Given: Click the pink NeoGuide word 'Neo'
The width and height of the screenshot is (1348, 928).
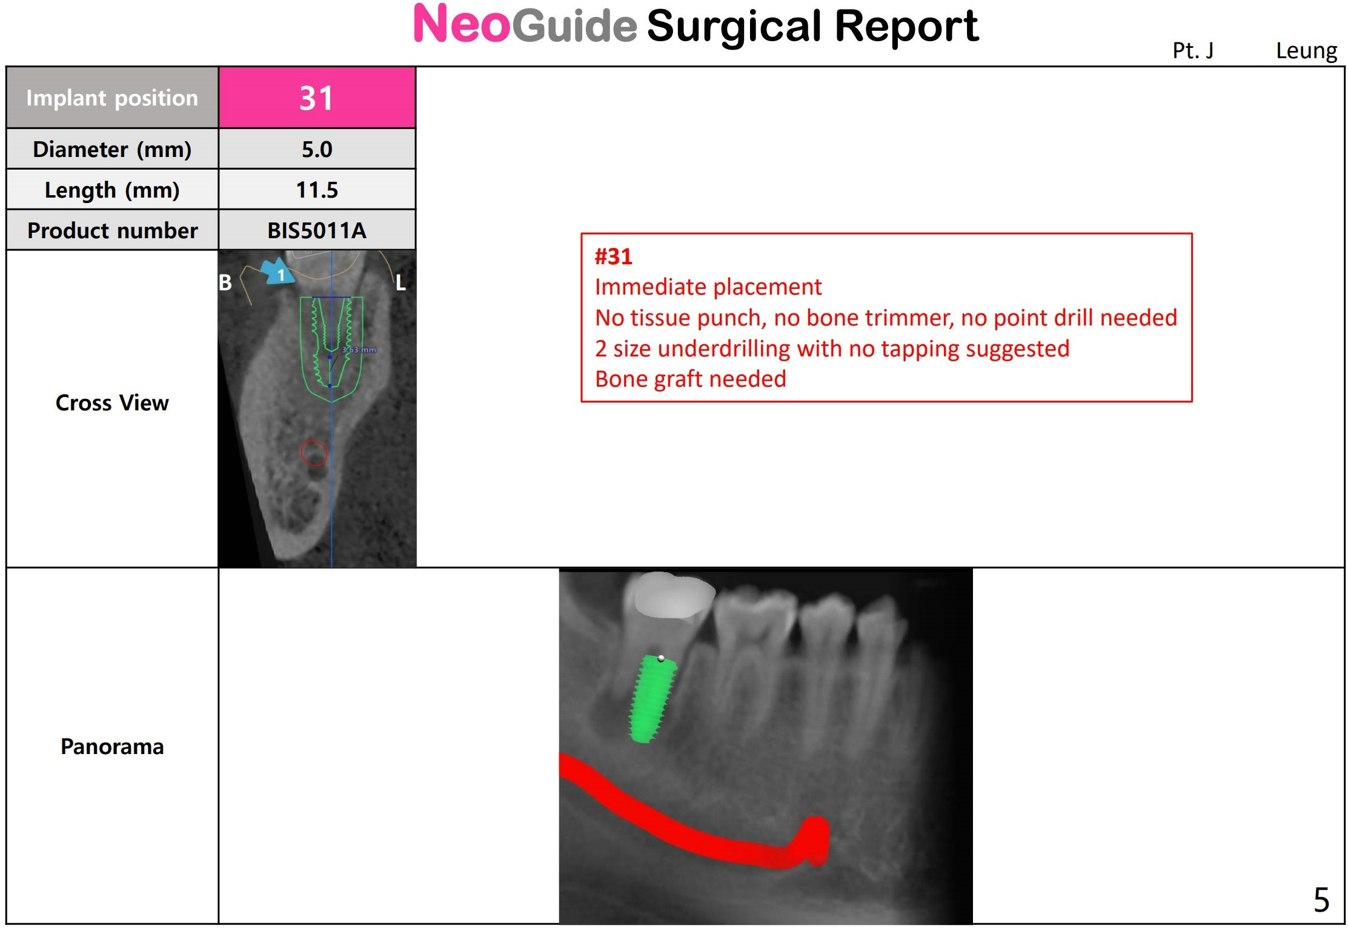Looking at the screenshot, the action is [x=462, y=24].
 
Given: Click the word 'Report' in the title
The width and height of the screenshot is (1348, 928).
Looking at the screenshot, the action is [x=906, y=27].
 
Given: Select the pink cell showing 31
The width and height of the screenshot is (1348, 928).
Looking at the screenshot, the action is [x=317, y=98].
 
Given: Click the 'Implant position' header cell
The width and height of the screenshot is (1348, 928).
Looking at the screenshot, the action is [x=112, y=98].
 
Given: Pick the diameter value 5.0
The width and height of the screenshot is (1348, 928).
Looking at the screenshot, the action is [x=317, y=149].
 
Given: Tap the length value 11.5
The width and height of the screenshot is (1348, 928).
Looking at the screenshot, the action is [x=317, y=190].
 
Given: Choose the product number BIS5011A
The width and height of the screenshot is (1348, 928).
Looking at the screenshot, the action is [x=317, y=230].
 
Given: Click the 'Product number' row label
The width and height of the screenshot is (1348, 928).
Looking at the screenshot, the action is [x=112, y=230].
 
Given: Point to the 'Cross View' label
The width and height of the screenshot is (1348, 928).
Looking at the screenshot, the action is [x=112, y=402].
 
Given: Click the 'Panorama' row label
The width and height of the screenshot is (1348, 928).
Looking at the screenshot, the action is [x=112, y=746].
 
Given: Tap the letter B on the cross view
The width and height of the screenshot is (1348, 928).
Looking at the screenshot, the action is [x=225, y=282].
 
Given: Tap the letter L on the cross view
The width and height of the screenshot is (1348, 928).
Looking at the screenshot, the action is [x=400, y=282].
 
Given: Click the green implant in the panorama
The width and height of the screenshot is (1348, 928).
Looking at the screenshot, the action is [x=652, y=699].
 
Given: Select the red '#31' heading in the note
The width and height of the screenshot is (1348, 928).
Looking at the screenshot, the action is [x=613, y=256].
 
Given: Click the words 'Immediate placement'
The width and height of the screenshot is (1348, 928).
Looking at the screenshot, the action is [x=708, y=287].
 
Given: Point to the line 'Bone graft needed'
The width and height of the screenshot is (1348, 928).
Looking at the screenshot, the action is [x=691, y=379].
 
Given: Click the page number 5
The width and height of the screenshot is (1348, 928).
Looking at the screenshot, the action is [x=1321, y=900].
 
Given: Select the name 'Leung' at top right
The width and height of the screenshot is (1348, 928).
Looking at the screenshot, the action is [x=1306, y=51].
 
